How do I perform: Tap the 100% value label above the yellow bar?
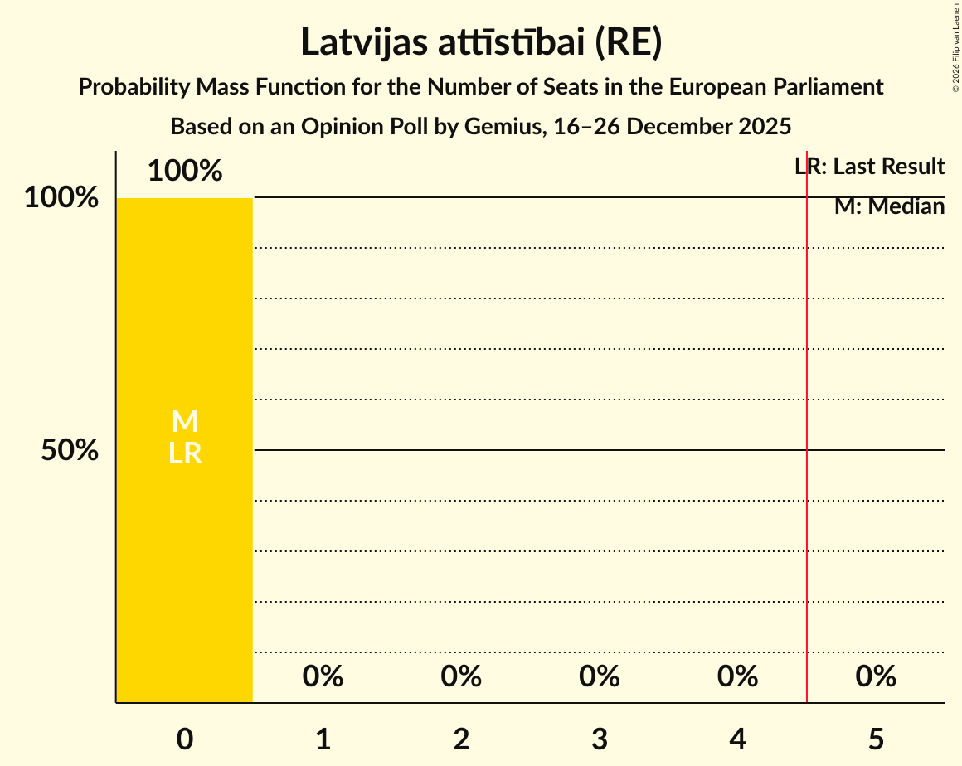[185, 172]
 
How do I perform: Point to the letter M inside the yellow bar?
[185, 422]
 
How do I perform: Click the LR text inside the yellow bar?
[185, 453]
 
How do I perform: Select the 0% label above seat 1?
[323, 676]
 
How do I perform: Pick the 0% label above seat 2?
[461, 676]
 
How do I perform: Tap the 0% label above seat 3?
[600, 676]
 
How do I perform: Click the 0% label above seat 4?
[738, 676]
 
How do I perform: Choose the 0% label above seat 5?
[877, 676]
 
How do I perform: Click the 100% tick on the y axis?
[61, 198]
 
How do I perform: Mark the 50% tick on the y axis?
[70, 450]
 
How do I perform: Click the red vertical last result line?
[807, 415]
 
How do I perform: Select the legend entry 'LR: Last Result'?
[870, 167]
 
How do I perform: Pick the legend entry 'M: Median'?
[890, 206]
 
